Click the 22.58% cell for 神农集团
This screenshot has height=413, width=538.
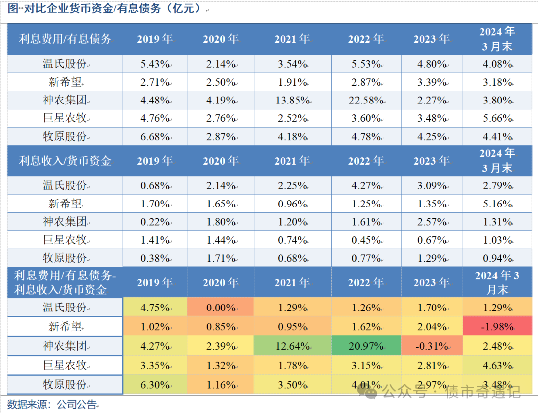point(366,101)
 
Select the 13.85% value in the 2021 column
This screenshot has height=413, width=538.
point(292,101)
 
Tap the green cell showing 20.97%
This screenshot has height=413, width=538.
point(366,346)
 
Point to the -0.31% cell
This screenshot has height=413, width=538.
point(431,346)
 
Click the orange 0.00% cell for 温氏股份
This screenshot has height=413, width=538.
point(220,308)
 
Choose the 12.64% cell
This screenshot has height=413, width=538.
point(292,346)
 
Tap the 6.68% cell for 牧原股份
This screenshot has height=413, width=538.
point(155,137)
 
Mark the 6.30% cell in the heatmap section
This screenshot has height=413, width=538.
point(155,385)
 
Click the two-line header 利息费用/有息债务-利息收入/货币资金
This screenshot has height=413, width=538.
point(65,282)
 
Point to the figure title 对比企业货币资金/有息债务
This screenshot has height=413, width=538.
point(105,9)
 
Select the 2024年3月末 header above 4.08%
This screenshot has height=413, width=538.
point(497,39)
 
